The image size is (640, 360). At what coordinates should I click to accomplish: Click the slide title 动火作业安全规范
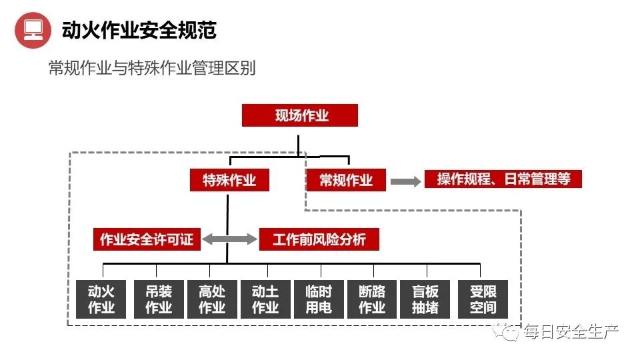[139, 30]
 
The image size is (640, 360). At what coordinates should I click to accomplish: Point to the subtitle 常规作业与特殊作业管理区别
[151, 69]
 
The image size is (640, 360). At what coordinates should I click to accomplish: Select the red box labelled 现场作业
[299, 115]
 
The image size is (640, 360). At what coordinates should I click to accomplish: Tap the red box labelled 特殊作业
[229, 180]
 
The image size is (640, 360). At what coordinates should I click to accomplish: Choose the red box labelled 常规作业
[346, 180]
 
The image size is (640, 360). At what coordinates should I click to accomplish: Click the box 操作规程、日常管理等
[503, 179]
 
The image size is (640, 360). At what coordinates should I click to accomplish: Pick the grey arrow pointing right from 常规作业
[405, 180]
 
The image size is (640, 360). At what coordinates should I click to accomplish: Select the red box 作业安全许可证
[146, 239]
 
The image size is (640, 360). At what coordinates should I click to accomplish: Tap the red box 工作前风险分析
[319, 239]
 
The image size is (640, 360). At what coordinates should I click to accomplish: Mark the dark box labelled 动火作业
[101, 299]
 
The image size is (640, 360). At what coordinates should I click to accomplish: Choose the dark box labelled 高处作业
[212, 299]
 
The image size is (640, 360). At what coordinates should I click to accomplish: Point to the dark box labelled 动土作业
[265, 299]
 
